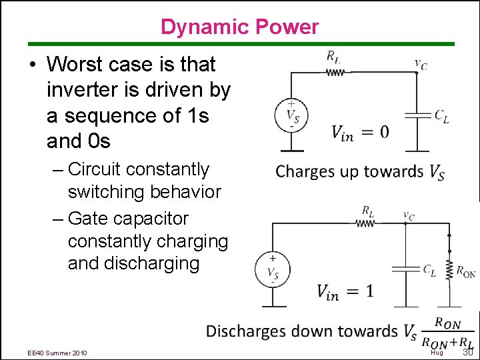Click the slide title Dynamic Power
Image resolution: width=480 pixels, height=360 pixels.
[x=240, y=27]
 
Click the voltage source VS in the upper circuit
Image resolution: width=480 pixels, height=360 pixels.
[x=291, y=115]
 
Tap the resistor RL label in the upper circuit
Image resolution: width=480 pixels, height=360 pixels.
[x=333, y=57]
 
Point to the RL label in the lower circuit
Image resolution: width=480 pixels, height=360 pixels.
[x=367, y=211]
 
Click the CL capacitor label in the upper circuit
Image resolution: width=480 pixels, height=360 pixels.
[x=441, y=115]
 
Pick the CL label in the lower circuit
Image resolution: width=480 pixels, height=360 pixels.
[x=430, y=269]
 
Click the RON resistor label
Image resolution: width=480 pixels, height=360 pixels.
[x=465, y=271]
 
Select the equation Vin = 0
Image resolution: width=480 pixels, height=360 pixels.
[x=361, y=132]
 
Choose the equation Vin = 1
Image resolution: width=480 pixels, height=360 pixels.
[x=345, y=291]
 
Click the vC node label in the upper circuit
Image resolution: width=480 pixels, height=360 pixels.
[x=421, y=64]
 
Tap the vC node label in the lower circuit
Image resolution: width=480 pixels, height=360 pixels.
[x=408, y=215]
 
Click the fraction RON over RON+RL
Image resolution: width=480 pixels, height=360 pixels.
[x=447, y=333]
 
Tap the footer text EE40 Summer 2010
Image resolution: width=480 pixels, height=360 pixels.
[x=57, y=353]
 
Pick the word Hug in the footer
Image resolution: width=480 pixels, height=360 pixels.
[x=437, y=353]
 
